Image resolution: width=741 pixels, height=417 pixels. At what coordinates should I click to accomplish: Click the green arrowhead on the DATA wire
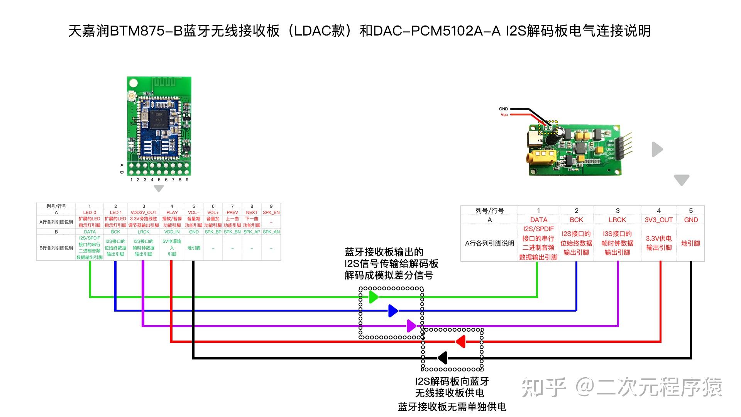coord(373,297)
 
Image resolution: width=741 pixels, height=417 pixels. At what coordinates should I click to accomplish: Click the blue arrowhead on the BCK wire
coord(392,310)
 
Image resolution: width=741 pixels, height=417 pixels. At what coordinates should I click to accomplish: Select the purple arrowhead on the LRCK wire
coord(411,326)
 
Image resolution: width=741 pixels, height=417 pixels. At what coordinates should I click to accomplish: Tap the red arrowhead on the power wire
coord(460,342)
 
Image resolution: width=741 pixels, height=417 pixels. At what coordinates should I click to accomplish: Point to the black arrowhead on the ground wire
coord(443,358)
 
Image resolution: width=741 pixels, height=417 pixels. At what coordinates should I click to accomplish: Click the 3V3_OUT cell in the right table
coord(658,220)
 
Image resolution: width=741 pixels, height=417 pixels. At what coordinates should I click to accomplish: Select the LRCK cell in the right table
coord(617,220)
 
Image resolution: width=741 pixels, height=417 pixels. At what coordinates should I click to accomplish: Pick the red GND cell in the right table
coord(690,220)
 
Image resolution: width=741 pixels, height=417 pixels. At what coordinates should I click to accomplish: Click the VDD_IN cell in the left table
coord(172,232)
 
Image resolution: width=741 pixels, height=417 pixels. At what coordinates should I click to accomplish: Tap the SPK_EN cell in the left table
coord(271,212)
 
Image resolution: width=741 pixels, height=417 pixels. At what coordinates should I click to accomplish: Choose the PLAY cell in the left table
coord(172,212)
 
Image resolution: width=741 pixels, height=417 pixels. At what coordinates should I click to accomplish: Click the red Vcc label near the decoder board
coord(504,115)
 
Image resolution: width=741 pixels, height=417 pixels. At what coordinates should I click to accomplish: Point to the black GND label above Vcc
coord(503,109)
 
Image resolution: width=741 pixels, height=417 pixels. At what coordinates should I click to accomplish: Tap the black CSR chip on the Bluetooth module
coord(159,119)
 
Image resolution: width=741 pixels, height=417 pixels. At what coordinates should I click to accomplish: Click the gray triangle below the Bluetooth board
coord(159,188)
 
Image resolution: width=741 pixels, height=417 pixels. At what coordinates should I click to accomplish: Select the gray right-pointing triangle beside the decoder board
coord(656,149)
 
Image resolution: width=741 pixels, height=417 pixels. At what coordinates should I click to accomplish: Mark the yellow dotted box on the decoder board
coord(548,127)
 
